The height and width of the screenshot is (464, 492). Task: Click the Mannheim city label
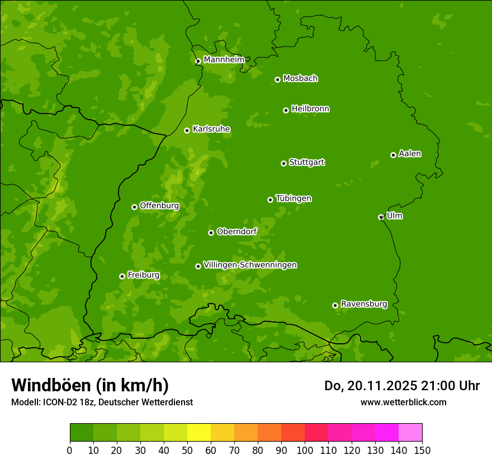point(224,60)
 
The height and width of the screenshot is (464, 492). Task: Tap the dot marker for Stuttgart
point(283,163)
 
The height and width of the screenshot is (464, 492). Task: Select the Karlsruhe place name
point(211,129)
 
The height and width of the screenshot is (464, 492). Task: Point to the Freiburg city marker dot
point(122,276)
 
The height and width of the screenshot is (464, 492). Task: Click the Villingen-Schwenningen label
point(250,265)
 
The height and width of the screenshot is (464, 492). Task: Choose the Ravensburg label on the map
point(364,304)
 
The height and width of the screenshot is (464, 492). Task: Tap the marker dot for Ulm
point(381,217)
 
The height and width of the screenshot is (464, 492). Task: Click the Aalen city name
point(410,154)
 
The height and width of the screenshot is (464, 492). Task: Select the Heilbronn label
point(310,109)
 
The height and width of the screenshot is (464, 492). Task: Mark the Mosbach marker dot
point(277,79)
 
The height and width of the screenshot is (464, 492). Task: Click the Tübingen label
point(294,198)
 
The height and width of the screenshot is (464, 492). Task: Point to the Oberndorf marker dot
point(211,233)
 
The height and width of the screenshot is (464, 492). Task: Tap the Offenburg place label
point(159,206)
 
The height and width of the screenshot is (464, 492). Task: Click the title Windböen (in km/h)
point(90,385)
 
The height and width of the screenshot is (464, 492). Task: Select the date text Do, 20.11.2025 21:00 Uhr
point(402,386)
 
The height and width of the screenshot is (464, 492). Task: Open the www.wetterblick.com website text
point(403,402)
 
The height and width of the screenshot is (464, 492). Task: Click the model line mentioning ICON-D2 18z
point(102,402)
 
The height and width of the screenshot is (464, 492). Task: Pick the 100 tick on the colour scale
point(305,451)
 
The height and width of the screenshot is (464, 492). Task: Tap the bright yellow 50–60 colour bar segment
point(199,433)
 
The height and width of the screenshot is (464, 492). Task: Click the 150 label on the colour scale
point(422,451)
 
